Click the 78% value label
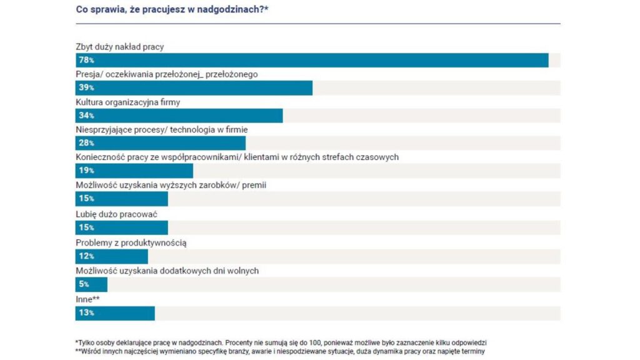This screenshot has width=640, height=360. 86,61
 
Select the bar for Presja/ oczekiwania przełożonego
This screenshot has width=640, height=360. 194,88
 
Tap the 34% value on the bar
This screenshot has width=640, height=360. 86,116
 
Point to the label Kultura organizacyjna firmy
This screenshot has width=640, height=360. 127,102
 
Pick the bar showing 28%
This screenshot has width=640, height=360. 160,143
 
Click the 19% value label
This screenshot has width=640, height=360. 86,171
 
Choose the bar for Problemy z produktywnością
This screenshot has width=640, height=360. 111,256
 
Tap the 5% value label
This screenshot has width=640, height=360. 84,285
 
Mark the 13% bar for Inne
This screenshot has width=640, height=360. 115,313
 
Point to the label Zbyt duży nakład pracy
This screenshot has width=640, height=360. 119,46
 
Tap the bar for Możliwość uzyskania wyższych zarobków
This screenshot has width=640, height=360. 121,199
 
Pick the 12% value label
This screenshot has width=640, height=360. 86,256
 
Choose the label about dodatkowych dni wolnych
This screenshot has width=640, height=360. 167,271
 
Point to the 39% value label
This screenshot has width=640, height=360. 86,88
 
